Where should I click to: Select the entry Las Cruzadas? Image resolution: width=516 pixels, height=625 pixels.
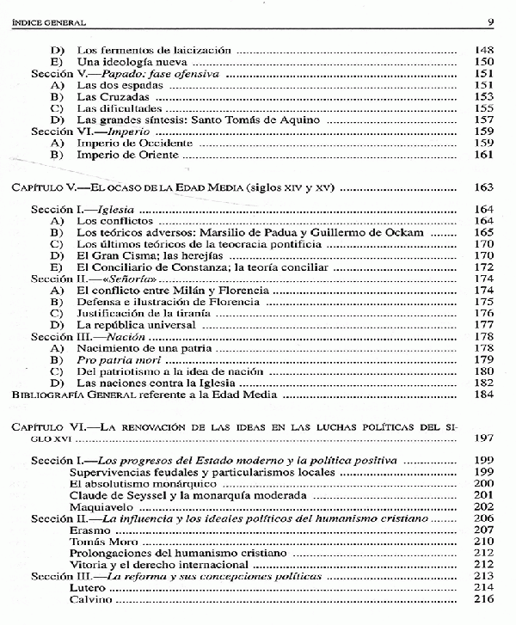107,97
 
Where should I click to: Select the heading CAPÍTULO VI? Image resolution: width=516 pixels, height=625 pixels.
50,426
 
